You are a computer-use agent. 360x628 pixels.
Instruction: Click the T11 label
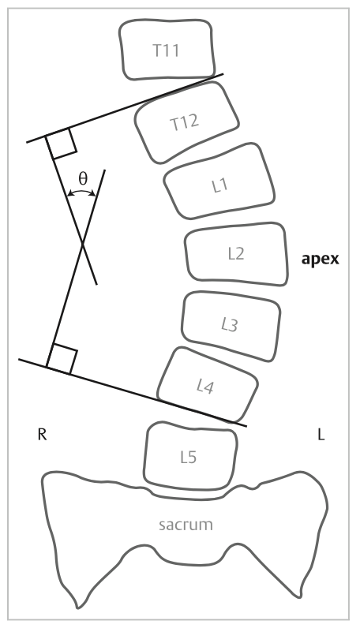pyautogui.click(x=166, y=50)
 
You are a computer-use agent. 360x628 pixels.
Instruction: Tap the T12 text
pyautogui.click(x=185, y=121)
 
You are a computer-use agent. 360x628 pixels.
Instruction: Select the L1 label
pyautogui.click(x=219, y=185)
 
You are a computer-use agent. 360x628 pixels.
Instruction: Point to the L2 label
pyautogui.click(x=236, y=254)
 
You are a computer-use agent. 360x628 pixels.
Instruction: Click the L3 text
pyautogui.click(x=230, y=325)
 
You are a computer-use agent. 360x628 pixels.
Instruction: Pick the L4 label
pyautogui.click(x=205, y=387)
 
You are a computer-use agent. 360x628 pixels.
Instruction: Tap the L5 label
pyautogui.click(x=189, y=457)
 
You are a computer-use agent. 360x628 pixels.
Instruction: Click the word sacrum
pyautogui.click(x=186, y=525)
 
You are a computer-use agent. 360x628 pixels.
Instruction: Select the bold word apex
pyautogui.click(x=320, y=260)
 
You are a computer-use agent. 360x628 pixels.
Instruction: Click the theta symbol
pyautogui.click(x=83, y=178)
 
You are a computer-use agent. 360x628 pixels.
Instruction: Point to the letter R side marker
pyautogui.click(x=42, y=434)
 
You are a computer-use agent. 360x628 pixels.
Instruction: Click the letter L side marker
pyautogui.click(x=321, y=434)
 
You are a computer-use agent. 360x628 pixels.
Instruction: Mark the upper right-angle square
pyautogui.click(x=62, y=144)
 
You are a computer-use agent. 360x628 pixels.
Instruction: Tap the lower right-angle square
pyautogui.click(x=62, y=358)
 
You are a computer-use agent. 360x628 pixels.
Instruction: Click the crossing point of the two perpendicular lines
pyautogui.click(x=83, y=243)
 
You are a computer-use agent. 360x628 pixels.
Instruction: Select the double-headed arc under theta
pyautogui.click(x=81, y=192)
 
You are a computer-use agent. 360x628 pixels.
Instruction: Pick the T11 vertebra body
pyautogui.click(x=167, y=49)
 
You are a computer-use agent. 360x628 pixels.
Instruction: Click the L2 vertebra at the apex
pyautogui.click(x=237, y=253)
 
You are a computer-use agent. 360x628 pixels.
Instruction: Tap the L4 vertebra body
pyautogui.click(x=207, y=386)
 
